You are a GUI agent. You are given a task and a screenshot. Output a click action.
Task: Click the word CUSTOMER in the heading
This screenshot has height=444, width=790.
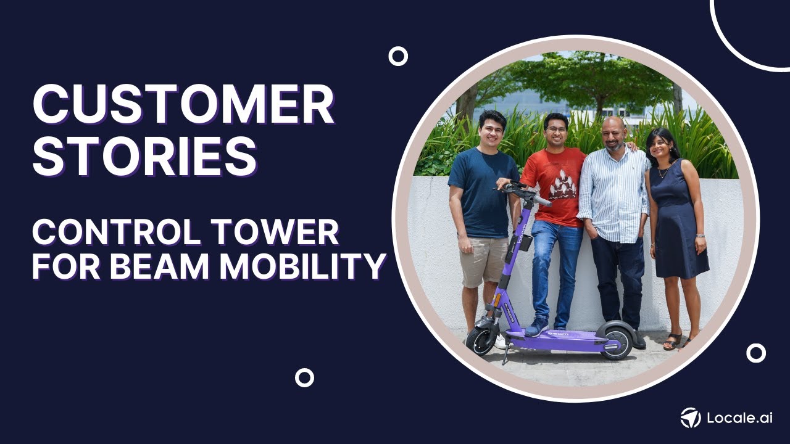point(183,104)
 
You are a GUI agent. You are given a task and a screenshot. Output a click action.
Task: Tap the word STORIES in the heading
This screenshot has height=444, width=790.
point(145,155)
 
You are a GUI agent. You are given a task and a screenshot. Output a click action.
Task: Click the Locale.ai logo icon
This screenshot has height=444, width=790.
point(691,418)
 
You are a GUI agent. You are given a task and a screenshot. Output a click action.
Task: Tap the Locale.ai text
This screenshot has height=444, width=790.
point(739,418)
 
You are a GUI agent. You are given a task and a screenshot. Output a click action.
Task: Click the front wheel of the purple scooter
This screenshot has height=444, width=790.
point(481,340)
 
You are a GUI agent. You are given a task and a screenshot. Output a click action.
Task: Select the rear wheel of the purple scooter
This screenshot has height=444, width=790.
point(615,339)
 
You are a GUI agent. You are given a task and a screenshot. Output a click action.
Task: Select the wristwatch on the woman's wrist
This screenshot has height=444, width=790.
point(700,236)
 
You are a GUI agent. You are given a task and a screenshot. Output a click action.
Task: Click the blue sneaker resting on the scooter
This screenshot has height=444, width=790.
point(536,327)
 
